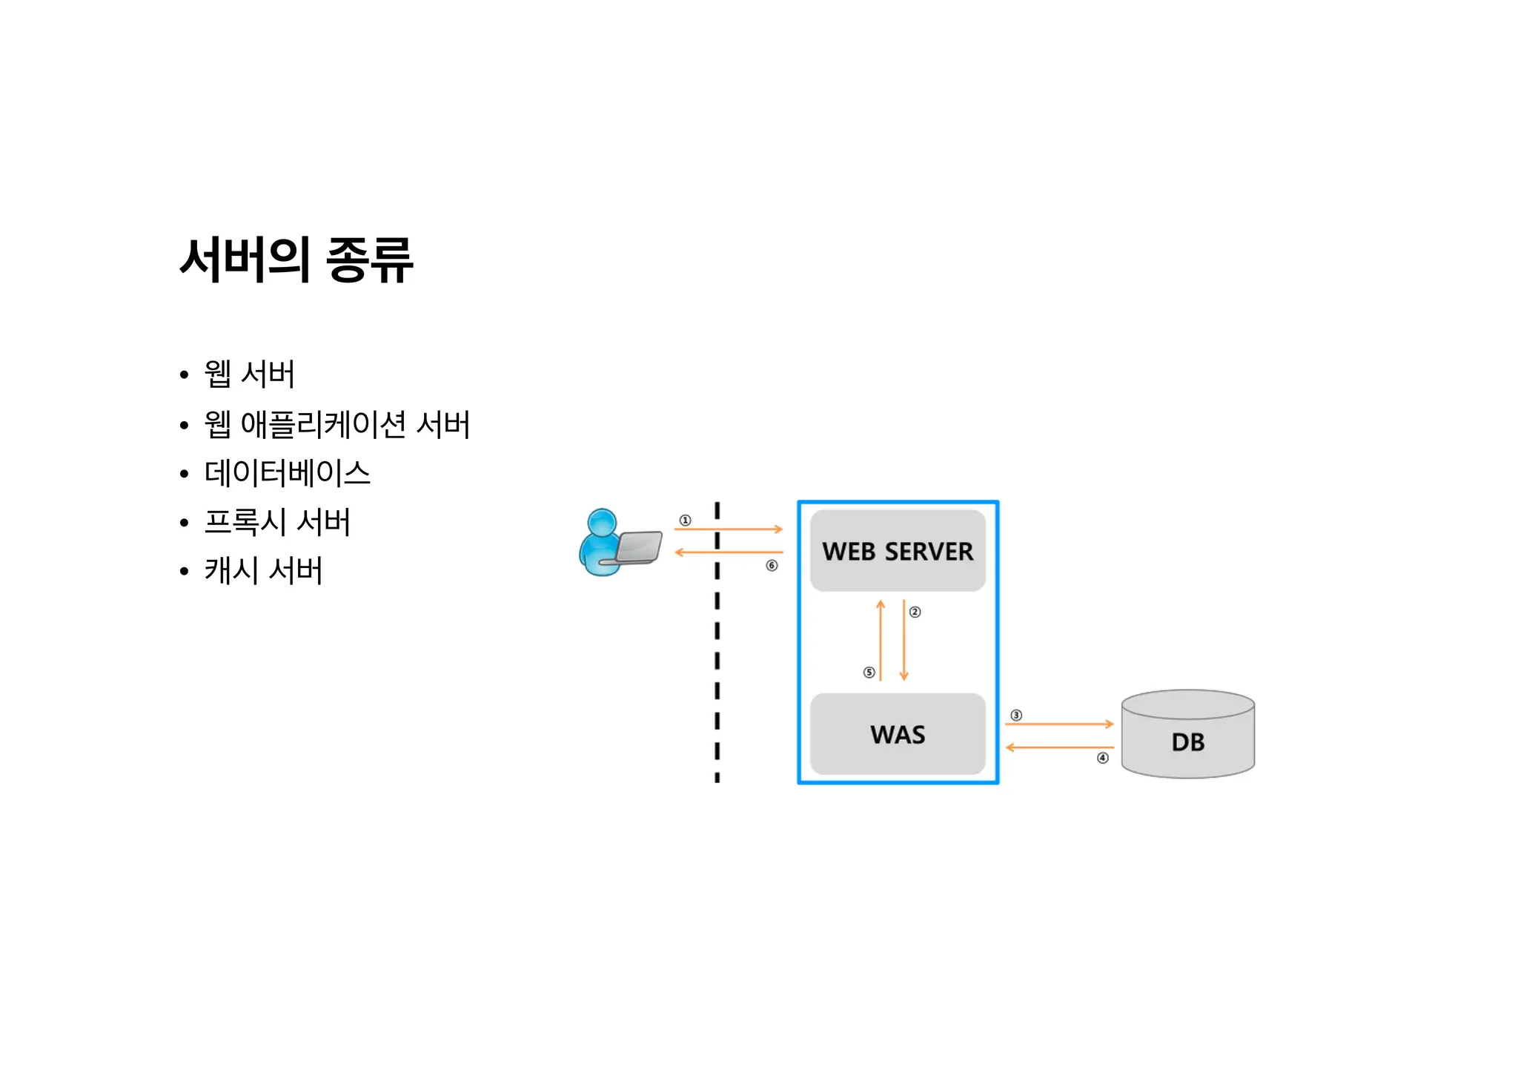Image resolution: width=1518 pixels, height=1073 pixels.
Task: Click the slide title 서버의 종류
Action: coord(296,260)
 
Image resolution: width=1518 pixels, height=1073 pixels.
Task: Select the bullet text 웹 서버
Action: coord(249,374)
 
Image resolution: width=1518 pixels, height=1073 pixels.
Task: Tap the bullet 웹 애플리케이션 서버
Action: coord(337,424)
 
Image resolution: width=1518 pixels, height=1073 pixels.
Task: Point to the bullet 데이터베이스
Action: coord(287,473)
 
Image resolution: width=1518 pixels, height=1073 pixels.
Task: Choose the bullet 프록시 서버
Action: coord(277,522)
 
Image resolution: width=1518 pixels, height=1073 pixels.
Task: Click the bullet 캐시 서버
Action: coord(263,571)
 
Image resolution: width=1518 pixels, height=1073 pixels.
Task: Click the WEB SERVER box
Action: coord(898,551)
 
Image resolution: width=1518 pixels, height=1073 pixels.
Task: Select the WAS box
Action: coord(898,734)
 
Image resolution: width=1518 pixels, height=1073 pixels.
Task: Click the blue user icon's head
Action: coord(602,522)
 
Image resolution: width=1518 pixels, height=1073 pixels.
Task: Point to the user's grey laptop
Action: coord(638,548)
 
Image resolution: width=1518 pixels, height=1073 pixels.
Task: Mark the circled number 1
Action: coord(686,521)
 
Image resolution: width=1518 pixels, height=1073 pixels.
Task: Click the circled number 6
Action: coord(772,566)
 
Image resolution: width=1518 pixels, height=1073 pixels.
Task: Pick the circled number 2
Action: coord(915,612)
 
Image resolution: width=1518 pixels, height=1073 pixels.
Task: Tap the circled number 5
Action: coord(869,673)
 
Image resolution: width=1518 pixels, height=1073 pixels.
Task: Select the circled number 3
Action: coord(1016,716)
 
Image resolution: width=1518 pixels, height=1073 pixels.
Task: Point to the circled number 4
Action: coord(1103,758)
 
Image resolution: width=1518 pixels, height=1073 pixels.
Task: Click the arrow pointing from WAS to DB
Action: coord(1059,724)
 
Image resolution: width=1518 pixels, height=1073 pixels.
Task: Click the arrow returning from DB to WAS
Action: coord(1059,747)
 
